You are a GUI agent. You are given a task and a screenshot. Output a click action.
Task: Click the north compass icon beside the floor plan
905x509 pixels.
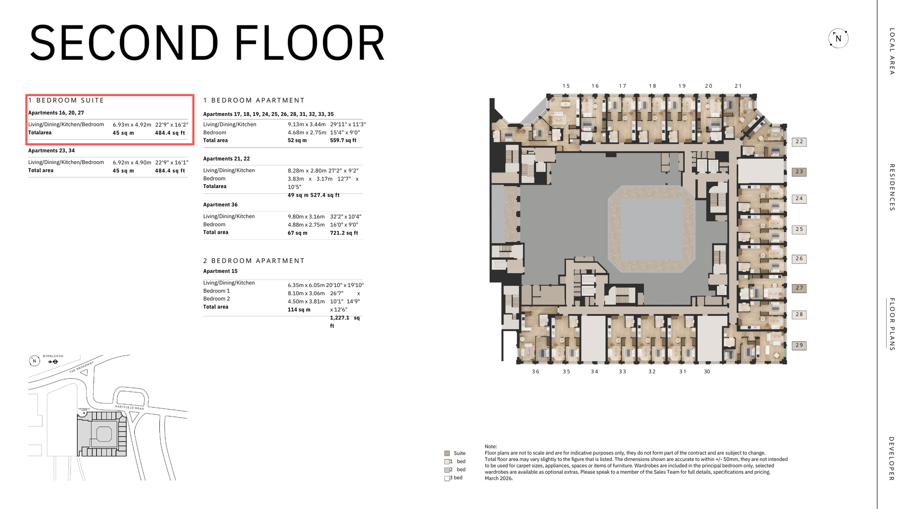pyautogui.click(x=838, y=38)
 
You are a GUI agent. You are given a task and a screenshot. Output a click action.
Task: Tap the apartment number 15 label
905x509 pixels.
pyautogui.click(x=566, y=86)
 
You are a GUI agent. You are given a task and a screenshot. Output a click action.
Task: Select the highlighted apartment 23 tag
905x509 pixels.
pyautogui.click(x=799, y=172)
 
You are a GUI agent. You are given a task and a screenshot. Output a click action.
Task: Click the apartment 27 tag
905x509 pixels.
pyautogui.click(x=799, y=288)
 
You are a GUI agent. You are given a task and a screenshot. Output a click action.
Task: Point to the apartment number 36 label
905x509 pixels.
pyautogui.click(x=535, y=371)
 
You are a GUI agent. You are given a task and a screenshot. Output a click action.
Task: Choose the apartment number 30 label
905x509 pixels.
pyautogui.click(x=707, y=371)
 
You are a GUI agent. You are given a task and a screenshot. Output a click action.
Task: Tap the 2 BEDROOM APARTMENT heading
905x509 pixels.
pyautogui.click(x=254, y=261)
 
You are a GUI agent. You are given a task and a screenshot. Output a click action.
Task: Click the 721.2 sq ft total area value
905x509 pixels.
pyautogui.click(x=344, y=233)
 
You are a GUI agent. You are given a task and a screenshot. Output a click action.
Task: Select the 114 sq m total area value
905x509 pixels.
pyautogui.click(x=299, y=310)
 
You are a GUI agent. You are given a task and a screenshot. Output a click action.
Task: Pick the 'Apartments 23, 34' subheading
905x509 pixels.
pyautogui.click(x=51, y=151)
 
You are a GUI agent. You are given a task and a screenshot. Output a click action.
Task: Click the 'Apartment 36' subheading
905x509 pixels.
pyautogui.click(x=221, y=205)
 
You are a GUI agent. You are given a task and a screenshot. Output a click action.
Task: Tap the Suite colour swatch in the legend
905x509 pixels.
pyautogui.click(x=447, y=453)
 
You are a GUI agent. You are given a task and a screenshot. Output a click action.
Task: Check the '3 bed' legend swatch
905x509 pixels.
pyautogui.click(x=447, y=478)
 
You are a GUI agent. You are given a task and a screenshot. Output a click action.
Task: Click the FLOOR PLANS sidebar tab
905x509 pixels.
pyautogui.click(x=891, y=324)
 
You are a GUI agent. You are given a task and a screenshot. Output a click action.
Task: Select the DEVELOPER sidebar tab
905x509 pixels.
pyautogui.click(x=891, y=459)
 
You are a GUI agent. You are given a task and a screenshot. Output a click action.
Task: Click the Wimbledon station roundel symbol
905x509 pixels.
pyautogui.click(x=55, y=362)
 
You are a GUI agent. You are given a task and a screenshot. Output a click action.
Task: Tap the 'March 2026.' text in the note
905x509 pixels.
pyautogui.click(x=499, y=478)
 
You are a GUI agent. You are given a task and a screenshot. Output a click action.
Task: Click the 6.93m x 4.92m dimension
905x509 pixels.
pyautogui.click(x=132, y=125)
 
